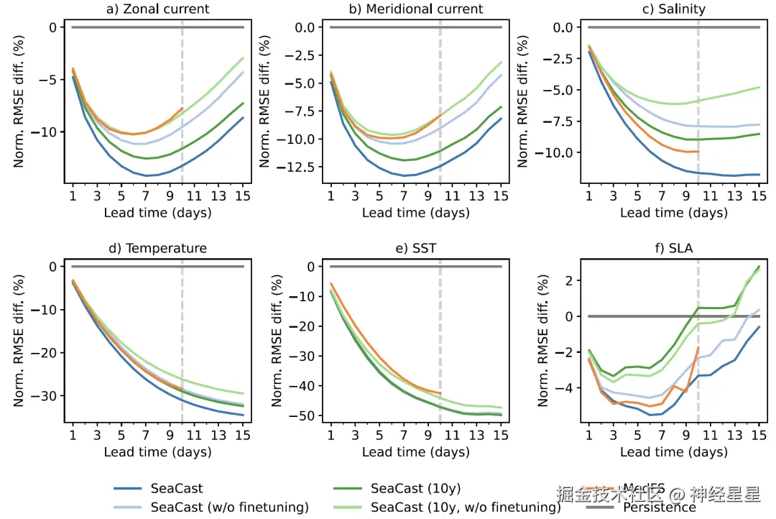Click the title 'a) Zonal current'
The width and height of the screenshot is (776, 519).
(x=157, y=9)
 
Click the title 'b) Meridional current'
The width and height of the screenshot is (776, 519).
(x=415, y=9)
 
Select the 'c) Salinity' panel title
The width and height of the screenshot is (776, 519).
(x=673, y=9)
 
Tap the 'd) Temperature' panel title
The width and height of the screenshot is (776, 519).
(x=157, y=249)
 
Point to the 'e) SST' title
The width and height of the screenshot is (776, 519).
(x=415, y=249)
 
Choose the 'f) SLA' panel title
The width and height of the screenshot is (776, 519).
(x=673, y=249)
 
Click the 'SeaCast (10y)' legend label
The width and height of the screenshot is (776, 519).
(x=415, y=489)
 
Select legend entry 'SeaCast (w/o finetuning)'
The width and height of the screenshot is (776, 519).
(x=230, y=507)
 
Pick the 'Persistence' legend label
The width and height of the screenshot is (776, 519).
(x=660, y=507)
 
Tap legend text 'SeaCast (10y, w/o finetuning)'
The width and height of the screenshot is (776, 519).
(x=466, y=507)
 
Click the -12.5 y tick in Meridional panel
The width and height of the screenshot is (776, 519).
(x=300, y=167)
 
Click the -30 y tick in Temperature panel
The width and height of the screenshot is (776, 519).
(x=49, y=396)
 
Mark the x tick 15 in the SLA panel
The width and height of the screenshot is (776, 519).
(x=759, y=435)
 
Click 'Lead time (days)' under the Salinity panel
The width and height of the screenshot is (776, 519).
(x=673, y=213)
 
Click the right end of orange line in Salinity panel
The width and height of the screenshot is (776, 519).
(x=698, y=151)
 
